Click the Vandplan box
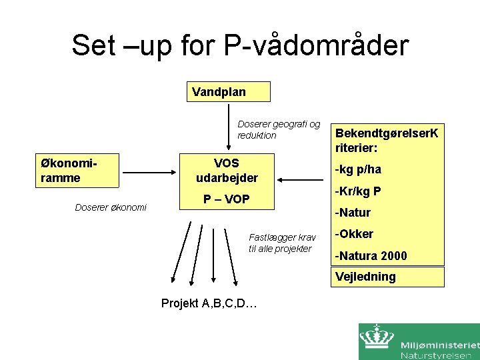(228, 91)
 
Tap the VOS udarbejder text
(226, 171)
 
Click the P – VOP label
(226, 200)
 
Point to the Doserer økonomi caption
(111, 207)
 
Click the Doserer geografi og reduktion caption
(279, 130)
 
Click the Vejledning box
(389, 277)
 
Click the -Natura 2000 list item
(371, 255)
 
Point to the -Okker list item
(354, 234)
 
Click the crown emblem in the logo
(377, 339)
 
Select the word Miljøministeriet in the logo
(440, 345)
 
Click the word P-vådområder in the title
(316, 45)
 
